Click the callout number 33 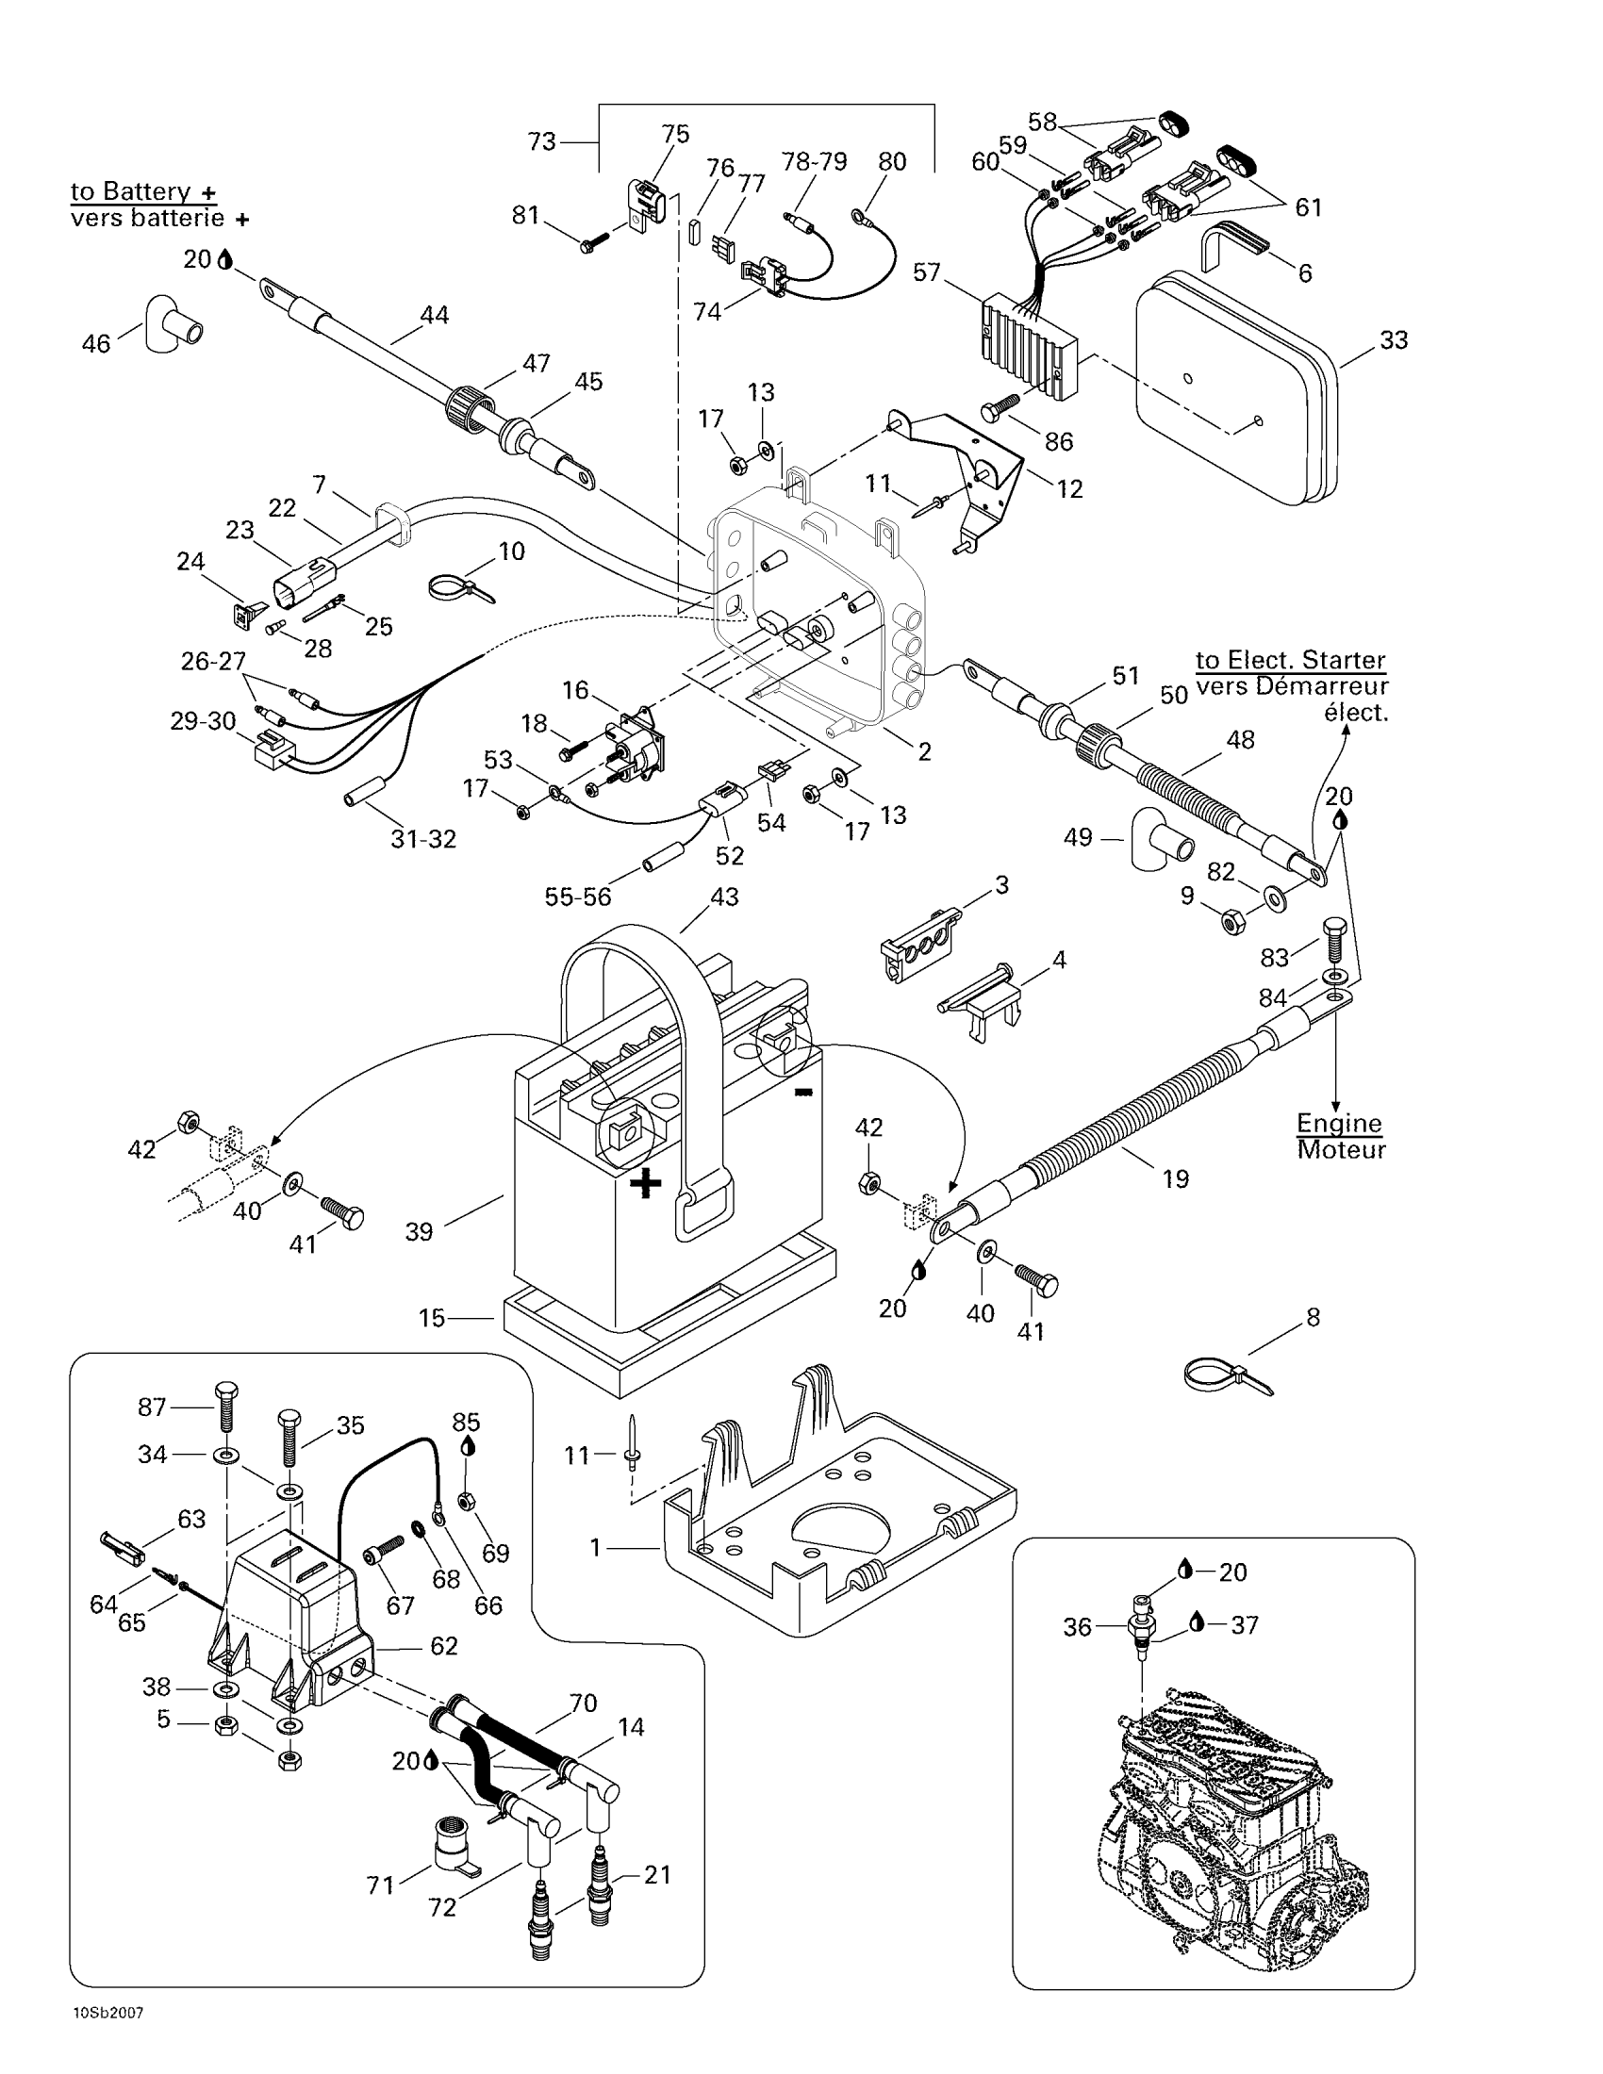(x=1393, y=340)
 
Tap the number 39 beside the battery (x=419, y=1232)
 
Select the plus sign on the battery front (x=646, y=1183)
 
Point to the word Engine (x=1339, y=1124)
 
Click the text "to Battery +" (x=144, y=190)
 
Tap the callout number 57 (x=926, y=272)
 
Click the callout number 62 (x=444, y=1646)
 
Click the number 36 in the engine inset (x=1078, y=1628)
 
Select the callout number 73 (x=542, y=142)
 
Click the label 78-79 (x=814, y=161)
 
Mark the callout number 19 (x=1176, y=1179)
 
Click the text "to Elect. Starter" (x=1291, y=660)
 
